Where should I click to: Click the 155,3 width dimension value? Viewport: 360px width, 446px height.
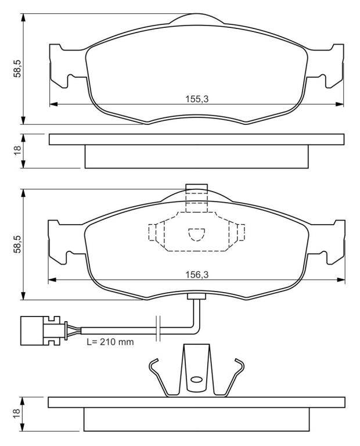(197, 99)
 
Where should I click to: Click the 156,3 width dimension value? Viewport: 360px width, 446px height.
(197, 275)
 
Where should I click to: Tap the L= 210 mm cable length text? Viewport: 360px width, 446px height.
(110, 341)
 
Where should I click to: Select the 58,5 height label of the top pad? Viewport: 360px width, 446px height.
(17, 69)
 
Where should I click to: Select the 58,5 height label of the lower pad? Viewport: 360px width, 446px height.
(17, 244)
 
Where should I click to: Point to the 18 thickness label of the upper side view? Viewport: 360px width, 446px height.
(17, 150)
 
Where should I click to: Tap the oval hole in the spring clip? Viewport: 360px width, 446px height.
(196, 379)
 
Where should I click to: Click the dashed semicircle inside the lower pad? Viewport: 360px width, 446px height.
(196, 235)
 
